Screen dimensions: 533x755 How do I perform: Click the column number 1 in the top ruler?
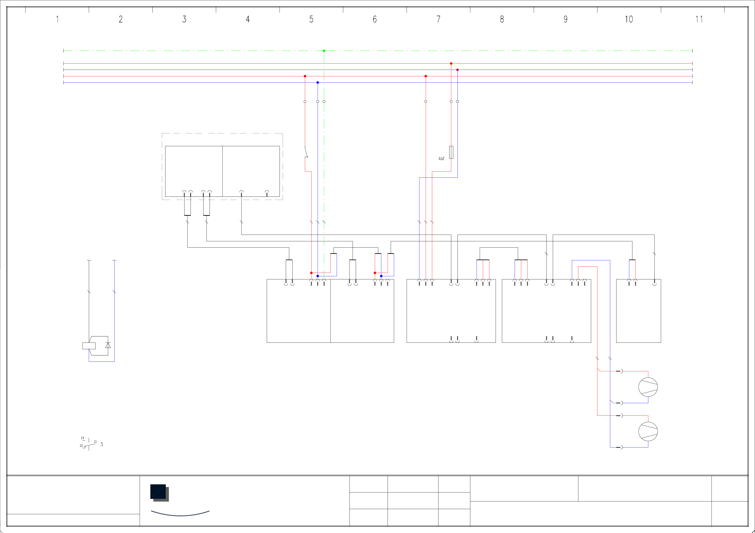57,19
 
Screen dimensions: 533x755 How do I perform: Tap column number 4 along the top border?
248,19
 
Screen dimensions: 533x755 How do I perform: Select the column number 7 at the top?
438,19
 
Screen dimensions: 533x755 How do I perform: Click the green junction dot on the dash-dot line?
324,51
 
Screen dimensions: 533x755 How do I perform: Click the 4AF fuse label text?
441,159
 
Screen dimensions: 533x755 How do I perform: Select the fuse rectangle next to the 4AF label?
451,152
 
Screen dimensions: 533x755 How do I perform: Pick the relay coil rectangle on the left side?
89,346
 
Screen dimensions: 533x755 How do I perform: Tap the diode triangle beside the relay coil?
108,345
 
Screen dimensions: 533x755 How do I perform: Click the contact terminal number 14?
82,438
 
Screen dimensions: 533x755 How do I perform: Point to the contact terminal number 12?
81,446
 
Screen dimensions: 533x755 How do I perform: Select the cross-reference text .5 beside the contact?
102,444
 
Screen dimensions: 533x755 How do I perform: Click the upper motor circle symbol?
648,387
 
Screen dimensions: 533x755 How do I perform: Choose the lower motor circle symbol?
648,431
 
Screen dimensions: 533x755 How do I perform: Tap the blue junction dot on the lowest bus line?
318,82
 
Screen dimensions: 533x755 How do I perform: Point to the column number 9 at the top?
565,19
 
